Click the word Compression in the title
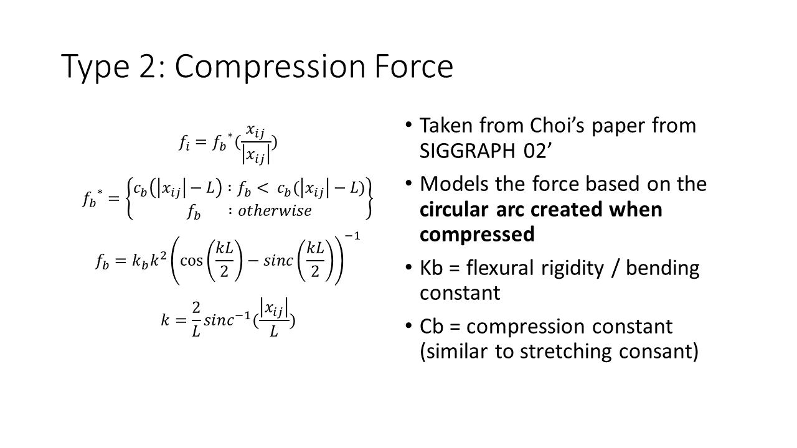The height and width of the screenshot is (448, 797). pyautogui.click(x=270, y=67)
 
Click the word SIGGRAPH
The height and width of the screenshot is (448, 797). pyautogui.click(x=468, y=151)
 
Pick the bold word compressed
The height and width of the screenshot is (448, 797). pyautogui.click(x=477, y=235)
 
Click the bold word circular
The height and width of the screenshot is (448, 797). pyautogui.click(x=455, y=209)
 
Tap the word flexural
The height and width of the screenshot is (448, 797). pyautogui.click(x=499, y=268)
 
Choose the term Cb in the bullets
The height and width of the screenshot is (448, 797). pyautogui.click(x=432, y=327)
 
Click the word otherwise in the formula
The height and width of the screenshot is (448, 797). pyautogui.click(x=275, y=211)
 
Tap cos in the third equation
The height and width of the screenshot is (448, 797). pyautogui.click(x=191, y=261)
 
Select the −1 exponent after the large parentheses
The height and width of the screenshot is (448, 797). pyautogui.click(x=352, y=236)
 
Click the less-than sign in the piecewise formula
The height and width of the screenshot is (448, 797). pyautogui.click(x=262, y=188)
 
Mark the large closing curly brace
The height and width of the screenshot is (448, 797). pyautogui.click(x=369, y=198)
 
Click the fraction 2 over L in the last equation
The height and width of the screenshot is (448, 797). pyautogui.click(x=196, y=319)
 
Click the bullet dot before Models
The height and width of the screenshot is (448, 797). pyautogui.click(x=408, y=184)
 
